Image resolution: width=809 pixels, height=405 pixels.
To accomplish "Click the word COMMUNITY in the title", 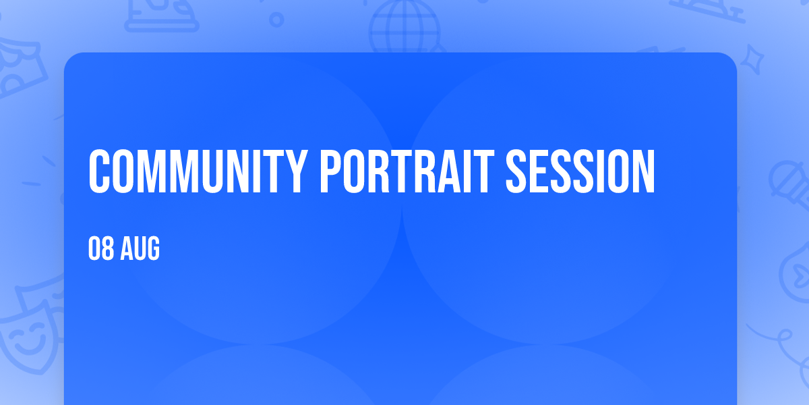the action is (198, 171).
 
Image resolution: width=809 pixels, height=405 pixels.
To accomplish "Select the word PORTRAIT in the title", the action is (407, 171).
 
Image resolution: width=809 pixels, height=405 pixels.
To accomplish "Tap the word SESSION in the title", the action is (580, 171).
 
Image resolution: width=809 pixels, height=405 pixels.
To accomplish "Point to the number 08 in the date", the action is (101, 248).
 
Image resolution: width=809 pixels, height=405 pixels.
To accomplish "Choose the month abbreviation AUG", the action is (140, 248).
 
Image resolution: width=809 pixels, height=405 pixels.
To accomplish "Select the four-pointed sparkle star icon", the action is (752, 59).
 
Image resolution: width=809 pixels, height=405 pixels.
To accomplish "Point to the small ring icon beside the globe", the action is (276, 20).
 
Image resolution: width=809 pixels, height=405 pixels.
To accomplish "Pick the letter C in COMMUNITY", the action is (99, 171).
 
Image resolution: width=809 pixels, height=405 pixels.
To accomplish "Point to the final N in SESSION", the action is (644, 171).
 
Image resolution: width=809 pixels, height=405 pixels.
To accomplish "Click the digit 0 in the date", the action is (94, 248).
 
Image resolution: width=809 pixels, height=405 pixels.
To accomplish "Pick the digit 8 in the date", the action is (108, 248).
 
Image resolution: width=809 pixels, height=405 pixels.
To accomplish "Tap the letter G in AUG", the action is (153, 248).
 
